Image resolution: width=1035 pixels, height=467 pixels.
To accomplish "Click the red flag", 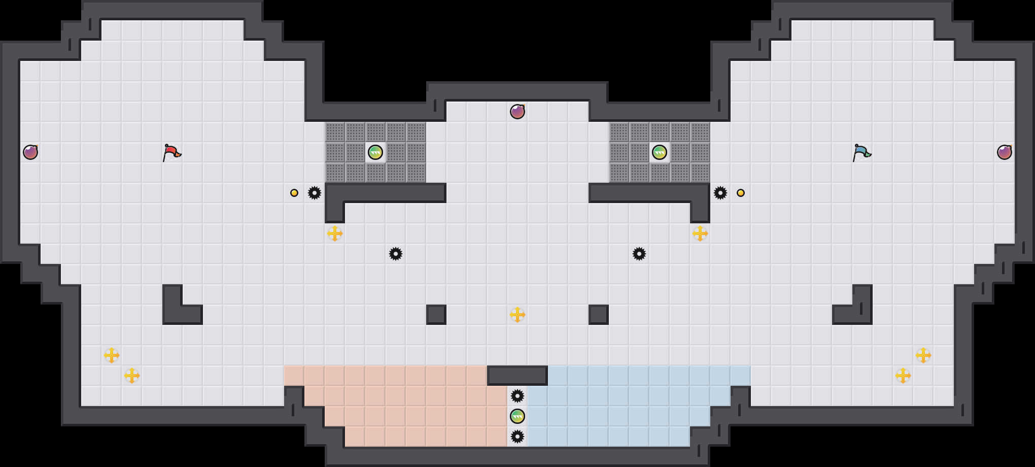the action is [x=171, y=152].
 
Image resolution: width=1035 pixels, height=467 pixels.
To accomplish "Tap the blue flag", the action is [x=861, y=152].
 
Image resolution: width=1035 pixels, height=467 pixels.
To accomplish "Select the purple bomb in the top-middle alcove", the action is [x=517, y=112].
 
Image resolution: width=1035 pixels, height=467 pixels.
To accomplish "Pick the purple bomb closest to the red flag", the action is [x=30, y=152].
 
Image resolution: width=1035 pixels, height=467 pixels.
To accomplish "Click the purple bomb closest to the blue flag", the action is [x=1005, y=152].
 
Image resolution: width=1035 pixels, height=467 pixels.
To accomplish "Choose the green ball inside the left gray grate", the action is [x=375, y=152].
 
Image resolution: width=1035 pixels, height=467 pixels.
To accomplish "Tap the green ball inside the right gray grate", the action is [x=660, y=152].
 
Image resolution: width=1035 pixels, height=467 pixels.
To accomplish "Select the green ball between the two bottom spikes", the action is [x=517, y=416].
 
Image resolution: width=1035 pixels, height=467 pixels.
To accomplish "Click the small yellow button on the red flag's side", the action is [x=294, y=193].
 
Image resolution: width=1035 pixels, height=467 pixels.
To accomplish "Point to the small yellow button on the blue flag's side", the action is [x=741, y=193].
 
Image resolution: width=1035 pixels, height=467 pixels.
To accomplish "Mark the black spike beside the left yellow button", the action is [x=315, y=193].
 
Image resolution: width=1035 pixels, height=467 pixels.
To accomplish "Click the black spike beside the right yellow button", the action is [x=720, y=193].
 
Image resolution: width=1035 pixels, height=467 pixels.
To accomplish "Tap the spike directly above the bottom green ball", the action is [x=517, y=396].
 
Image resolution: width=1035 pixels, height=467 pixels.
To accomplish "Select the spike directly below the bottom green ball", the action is [x=517, y=437].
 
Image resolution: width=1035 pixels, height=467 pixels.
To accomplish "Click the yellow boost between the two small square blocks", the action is [x=517, y=315].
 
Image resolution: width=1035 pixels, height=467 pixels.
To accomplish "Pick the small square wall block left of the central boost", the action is [x=436, y=315].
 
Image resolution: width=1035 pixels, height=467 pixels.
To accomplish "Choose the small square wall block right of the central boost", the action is [x=599, y=315].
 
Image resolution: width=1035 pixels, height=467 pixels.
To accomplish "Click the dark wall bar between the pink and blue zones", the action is [x=517, y=376].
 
